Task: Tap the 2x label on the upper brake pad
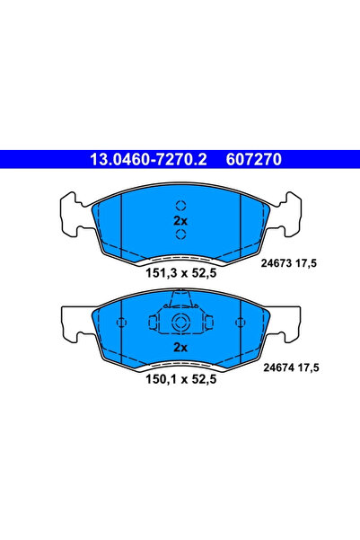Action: click(180, 220)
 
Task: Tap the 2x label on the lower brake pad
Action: click(180, 347)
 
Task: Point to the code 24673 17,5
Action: click(290, 263)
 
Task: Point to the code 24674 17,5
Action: click(290, 367)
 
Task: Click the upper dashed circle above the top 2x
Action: click(180, 204)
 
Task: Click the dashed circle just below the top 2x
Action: click(180, 235)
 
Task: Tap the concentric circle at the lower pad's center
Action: click(180, 326)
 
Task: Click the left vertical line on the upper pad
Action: click(118, 226)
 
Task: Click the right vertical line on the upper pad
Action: click(241, 226)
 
